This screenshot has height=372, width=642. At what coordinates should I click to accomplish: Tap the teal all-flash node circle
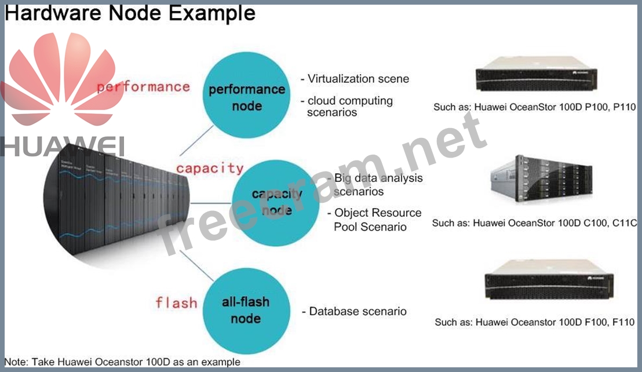coord(246,310)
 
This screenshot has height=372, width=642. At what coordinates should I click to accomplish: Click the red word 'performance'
coord(143,87)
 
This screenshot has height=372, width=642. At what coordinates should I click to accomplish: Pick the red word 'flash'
coord(176,302)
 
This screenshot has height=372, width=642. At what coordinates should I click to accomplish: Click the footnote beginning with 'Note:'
coord(122,362)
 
